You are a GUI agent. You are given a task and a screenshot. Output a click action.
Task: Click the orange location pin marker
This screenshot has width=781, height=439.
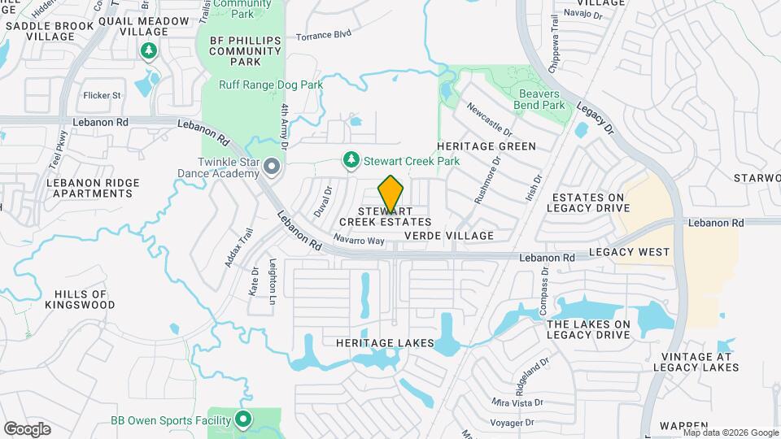pos(390,193)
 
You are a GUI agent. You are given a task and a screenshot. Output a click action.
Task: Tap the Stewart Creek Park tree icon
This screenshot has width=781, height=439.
pos(351,160)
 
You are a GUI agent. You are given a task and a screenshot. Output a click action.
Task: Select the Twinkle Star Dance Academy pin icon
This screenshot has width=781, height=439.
pos(273,167)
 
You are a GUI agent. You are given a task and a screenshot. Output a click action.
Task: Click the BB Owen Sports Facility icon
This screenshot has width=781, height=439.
pos(242,420)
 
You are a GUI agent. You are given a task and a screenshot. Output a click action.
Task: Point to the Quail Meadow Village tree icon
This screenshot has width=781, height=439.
pos(148,52)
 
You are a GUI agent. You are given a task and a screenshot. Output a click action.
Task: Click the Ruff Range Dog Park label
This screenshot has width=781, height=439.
pos(271,85)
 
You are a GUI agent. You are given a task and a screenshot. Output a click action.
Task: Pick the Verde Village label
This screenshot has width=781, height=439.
pos(449,236)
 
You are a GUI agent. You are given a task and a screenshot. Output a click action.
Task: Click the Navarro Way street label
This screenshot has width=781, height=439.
pos(358,241)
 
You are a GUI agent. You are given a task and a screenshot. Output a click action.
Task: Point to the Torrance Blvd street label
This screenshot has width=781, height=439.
pos(323,35)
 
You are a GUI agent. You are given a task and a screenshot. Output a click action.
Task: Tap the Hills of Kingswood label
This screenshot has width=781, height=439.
pos(80,299)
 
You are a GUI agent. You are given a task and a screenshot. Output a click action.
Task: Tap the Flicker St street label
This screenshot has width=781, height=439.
pos(102,95)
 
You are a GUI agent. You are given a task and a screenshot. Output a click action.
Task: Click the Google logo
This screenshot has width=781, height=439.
pos(27,428)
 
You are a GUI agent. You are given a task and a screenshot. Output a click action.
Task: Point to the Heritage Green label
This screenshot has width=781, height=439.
pos(486,146)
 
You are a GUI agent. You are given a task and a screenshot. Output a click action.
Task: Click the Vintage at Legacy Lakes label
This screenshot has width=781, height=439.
pos(697,363)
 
